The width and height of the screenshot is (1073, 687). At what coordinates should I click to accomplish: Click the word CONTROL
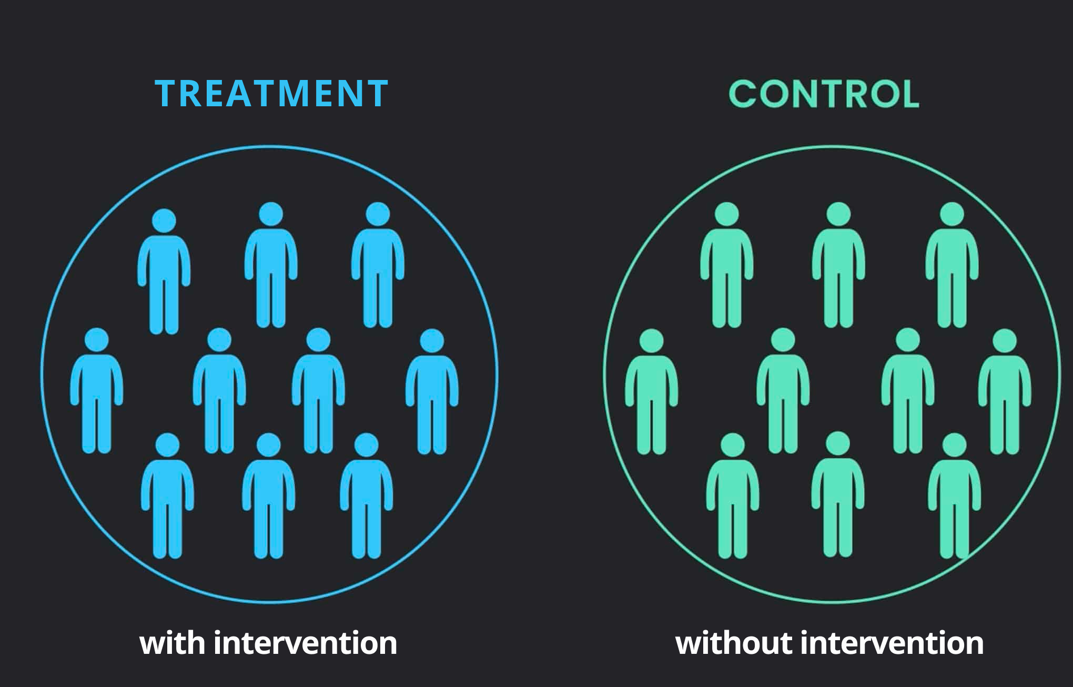pos(824,94)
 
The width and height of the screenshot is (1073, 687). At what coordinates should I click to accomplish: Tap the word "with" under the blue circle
pos(172,643)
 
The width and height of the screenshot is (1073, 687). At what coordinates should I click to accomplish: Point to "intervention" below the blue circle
pos(305,643)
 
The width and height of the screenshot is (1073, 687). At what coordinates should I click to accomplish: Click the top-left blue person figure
pos(164,274)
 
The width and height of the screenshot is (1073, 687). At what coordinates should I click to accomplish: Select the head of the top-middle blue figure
pos(271,215)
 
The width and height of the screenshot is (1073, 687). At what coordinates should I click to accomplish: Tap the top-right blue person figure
pos(378,268)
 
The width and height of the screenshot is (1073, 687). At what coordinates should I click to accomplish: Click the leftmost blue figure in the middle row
pos(97,392)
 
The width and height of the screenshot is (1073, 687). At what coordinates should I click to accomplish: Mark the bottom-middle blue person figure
pos(268,497)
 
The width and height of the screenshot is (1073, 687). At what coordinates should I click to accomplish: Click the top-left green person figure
pos(727,268)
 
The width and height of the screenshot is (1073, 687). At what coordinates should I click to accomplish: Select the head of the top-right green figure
pos(951,215)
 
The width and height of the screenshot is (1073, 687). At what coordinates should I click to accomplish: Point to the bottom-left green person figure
pos(733,497)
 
